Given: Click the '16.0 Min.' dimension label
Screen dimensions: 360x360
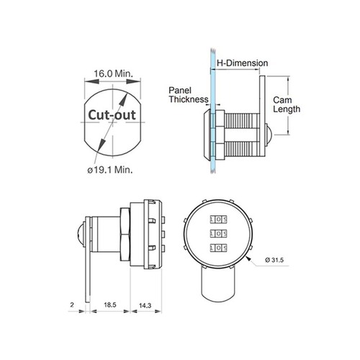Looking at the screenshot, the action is click(x=113, y=73).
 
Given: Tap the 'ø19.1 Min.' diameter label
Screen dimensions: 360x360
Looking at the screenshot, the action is click(x=110, y=170).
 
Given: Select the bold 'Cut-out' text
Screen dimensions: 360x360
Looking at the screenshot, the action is click(x=112, y=115).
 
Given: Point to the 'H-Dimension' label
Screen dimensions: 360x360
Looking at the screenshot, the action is click(x=243, y=63).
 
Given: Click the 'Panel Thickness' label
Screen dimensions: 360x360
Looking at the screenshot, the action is click(x=189, y=95).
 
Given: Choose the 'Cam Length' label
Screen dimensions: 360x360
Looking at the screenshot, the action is click(x=287, y=104).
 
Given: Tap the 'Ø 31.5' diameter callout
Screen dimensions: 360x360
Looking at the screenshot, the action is click(x=274, y=260).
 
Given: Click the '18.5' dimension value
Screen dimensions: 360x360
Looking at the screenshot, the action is click(x=110, y=305).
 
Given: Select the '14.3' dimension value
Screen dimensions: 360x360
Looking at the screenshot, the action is click(x=145, y=305).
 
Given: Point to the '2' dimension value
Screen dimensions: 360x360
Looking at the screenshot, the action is click(x=72, y=305).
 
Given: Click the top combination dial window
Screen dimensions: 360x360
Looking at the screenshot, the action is click(x=218, y=220).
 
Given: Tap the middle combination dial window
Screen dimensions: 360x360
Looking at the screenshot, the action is click(x=218, y=233).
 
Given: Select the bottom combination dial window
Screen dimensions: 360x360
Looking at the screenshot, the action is click(x=218, y=248).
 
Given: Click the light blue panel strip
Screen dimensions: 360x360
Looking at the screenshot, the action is click(x=213, y=111).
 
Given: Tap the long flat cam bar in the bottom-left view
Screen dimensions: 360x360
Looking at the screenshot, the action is click(x=88, y=259).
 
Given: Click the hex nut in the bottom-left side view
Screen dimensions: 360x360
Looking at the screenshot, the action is click(x=125, y=235).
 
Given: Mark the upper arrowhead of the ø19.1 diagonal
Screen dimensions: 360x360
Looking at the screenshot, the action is click(x=123, y=99).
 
